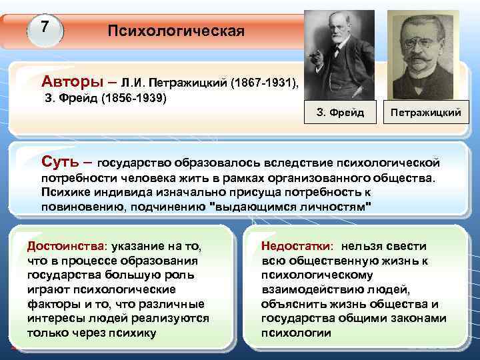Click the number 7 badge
(x=45, y=27)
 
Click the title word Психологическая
(x=176, y=31)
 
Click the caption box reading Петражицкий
(x=425, y=112)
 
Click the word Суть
(x=62, y=161)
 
